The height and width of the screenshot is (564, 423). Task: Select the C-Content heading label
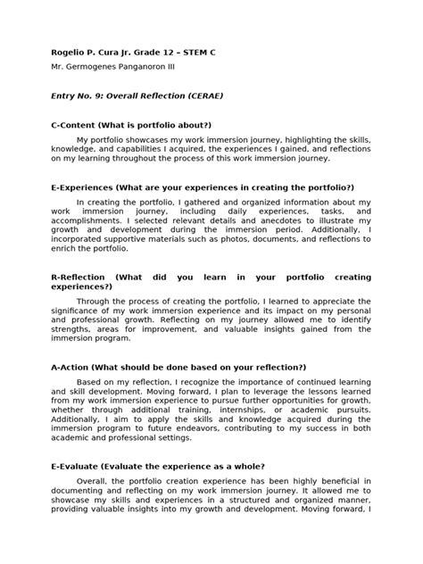point(76,126)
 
